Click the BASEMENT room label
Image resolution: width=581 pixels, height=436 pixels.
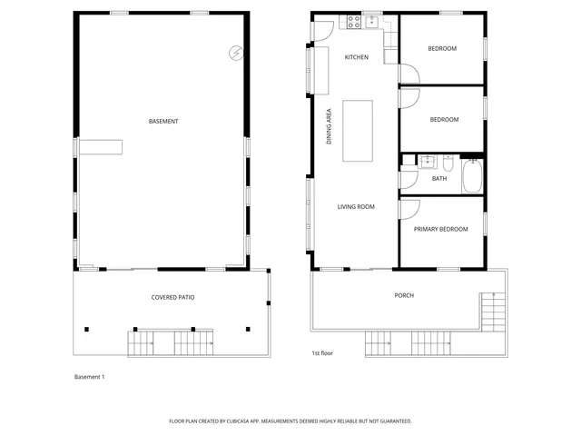coord(163,121)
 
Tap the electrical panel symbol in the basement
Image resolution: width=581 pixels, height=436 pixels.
coord(236,53)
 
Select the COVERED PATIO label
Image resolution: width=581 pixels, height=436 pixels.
coord(172,297)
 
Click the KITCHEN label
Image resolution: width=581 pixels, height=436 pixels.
coord(356,57)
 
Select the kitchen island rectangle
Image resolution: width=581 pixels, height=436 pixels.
coord(358,130)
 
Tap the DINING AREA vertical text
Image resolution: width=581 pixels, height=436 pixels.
coord(329,127)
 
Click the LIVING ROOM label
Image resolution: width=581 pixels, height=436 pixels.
coord(356,206)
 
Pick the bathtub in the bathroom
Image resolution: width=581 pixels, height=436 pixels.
coord(472,176)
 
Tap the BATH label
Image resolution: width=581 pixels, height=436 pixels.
coord(438,178)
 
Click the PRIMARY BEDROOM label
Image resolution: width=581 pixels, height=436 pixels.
coord(440,229)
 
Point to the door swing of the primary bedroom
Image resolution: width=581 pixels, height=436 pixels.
coord(408,208)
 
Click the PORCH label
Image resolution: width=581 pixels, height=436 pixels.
coord(404,295)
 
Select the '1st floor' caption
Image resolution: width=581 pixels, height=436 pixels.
coord(323,352)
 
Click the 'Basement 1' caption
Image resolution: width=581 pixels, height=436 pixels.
coord(89,376)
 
